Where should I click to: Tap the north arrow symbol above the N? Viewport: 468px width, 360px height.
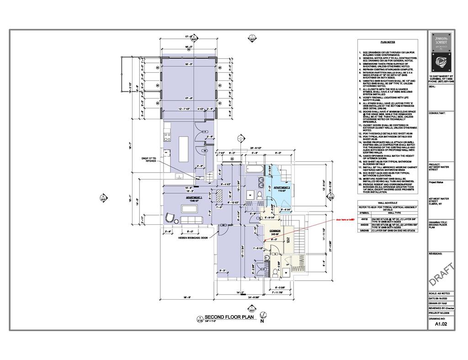point(263,315)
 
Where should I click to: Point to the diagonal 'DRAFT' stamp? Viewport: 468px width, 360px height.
point(441,275)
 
